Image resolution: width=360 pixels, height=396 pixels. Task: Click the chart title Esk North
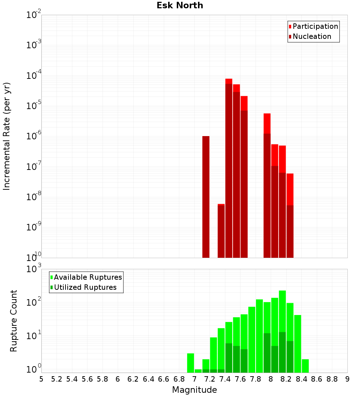point(180,5)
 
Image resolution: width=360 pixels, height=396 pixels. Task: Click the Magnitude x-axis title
point(194,390)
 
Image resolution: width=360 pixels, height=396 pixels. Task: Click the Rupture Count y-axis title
point(14,321)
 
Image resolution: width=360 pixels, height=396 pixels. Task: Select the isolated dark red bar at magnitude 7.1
point(206,197)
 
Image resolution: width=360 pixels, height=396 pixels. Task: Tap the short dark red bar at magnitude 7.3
point(221,231)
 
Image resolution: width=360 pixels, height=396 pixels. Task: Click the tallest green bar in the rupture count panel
point(282,331)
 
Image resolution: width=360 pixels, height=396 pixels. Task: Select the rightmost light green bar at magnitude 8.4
point(305,365)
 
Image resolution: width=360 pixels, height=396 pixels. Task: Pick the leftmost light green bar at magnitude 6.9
point(190,363)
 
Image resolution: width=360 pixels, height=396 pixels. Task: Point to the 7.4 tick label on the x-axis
point(225,379)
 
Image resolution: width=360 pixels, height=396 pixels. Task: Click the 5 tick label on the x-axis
point(41,379)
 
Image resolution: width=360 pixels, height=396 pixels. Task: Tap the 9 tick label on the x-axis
point(347,379)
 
